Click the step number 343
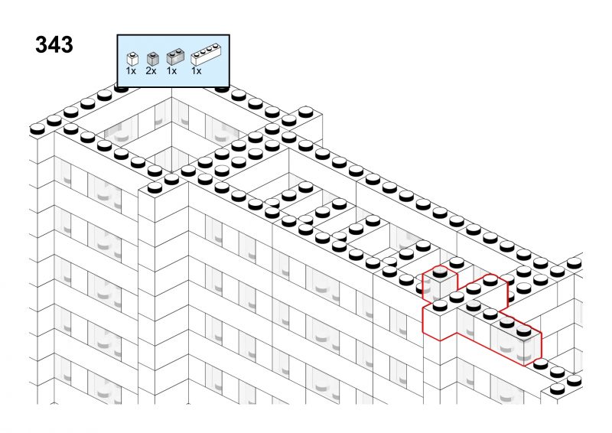coord(54,44)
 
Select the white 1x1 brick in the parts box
coord(132,59)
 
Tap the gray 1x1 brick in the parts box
coord(152,59)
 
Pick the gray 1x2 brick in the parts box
coord(175,57)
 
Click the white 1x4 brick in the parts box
coord(206,55)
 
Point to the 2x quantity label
coord(151,70)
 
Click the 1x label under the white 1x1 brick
coord(131,70)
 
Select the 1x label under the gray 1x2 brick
coord(171,70)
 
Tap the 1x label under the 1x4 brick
coord(197,70)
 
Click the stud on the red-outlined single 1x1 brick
coord(440,272)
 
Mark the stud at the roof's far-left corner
coord(37,129)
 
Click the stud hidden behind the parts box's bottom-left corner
coord(121,88)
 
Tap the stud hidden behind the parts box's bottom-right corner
coord(222,89)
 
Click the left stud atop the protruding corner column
coord(155,187)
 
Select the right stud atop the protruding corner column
coord(171,179)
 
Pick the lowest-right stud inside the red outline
coord(524,331)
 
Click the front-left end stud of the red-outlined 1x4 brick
coord(440,305)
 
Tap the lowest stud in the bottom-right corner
coord(558,389)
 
